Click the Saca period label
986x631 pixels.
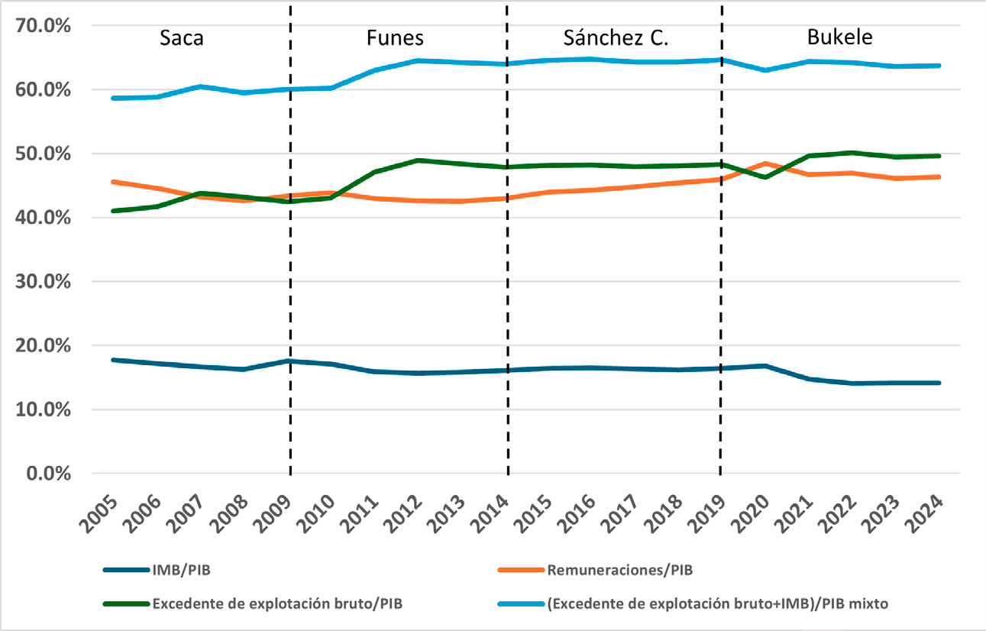182,38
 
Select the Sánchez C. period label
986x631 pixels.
616,38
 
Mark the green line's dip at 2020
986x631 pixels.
765,177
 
